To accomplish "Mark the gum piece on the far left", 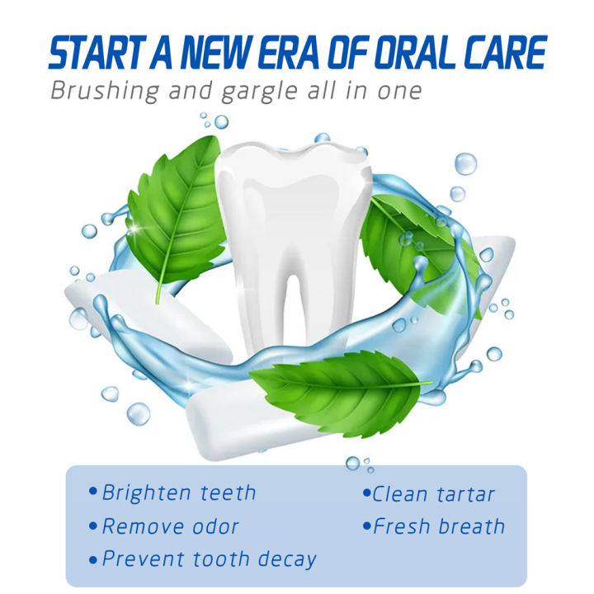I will pyautogui.click(x=124, y=305).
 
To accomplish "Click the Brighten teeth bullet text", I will pyautogui.click(x=178, y=493).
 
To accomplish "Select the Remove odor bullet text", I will pyautogui.click(x=170, y=526).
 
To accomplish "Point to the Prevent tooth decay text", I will pyautogui.click(x=209, y=559).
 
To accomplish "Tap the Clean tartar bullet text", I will pyautogui.click(x=433, y=494).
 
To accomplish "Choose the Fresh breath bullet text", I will pyautogui.click(x=438, y=526).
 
